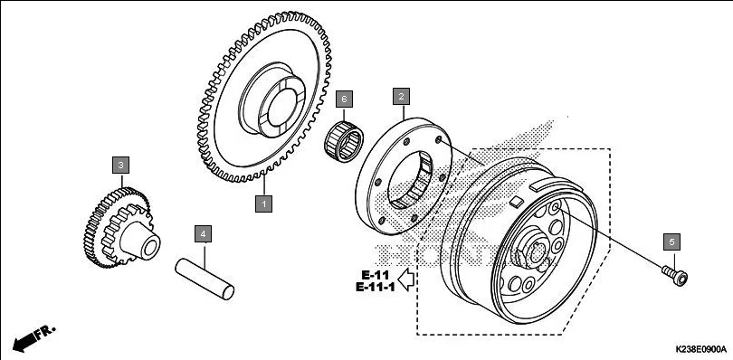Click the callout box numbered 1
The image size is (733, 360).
(263, 204)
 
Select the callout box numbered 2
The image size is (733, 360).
(401, 96)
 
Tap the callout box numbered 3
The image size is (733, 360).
(120, 165)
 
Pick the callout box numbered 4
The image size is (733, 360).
(203, 233)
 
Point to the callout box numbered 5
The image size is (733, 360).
(672, 242)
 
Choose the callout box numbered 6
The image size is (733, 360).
(344, 99)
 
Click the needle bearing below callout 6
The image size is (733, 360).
(344, 141)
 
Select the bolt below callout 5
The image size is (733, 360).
(674, 275)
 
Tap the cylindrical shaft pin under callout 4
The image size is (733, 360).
(205, 279)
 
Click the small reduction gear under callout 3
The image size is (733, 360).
(121, 228)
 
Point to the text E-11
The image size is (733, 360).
(375, 275)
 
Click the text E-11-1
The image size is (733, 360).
(376, 287)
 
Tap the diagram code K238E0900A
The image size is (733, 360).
(700, 349)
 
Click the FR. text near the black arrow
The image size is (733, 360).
(46, 331)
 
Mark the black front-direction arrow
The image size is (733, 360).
(25, 343)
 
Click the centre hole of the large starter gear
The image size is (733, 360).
(282, 108)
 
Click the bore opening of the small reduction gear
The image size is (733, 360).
(150, 248)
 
